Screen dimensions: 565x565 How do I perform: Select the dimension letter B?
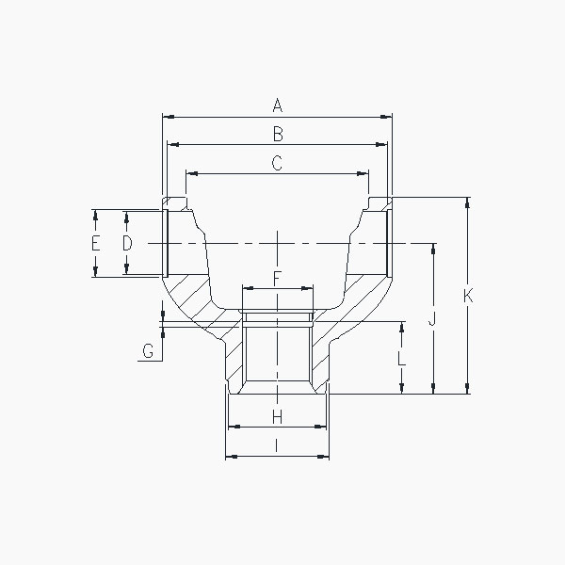(x=277, y=133)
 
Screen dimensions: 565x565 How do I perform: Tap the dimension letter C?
(x=277, y=163)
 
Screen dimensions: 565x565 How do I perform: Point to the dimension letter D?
(x=127, y=243)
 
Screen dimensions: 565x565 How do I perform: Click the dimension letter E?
(x=95, y=243)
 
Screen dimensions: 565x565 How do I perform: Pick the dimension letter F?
(x=277, y=278)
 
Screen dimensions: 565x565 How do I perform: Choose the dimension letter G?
(x=148, y=352)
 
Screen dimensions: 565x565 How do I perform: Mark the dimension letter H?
(x=277, y=416)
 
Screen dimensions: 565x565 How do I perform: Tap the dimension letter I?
(x=277, y=445)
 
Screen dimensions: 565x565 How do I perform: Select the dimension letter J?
(x=433, y=319)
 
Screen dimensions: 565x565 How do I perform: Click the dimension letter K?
(x=467, y=296)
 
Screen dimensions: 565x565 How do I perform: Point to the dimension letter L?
(x=402, y=358)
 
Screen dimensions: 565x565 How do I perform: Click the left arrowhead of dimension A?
(x=167, y=117)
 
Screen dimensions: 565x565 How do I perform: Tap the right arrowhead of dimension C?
(x=364, y=173)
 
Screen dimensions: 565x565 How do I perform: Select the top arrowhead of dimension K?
(x=467, y=202)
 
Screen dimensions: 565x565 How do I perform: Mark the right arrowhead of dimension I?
(x=325, y=457)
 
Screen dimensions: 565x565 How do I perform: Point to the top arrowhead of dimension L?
(x=402, y=326)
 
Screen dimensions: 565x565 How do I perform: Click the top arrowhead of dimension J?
(x=433, y=248)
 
